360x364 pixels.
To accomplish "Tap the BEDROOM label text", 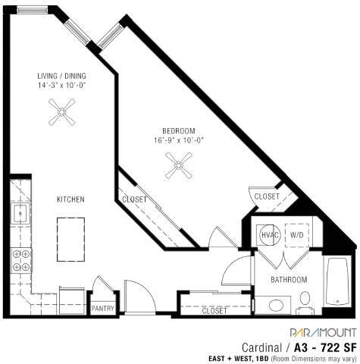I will pyautogui.click(x=178, y=130).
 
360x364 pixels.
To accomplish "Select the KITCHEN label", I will pyautogui.click(x=70, y=199).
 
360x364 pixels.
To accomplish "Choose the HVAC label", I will pyautogui.click(x=271, y=235).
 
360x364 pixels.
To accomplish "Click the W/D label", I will pyautogui.click(x=296, y=235).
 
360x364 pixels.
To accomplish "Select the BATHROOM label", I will pyautogui.click(x=289, y=280).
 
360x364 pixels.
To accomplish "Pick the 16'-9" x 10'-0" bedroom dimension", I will pyautogui.click(x=178, y=140).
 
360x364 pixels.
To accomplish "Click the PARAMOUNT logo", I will pyautogui.click(x=321, y=331).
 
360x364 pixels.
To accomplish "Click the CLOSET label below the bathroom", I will pyautogui.click(x=214, y=311).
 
